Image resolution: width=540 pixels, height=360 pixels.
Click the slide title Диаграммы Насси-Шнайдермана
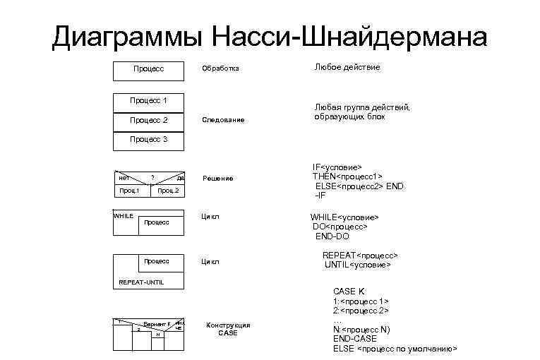tap(270, 37)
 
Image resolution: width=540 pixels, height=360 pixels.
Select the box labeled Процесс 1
tap(148, 100)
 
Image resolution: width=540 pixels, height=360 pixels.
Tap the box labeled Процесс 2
tap(148, 120)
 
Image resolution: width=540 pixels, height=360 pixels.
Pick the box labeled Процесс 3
tap(148, 140)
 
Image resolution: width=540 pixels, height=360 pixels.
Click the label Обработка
tap(220, 69)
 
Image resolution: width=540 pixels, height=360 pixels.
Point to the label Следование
tap(223, 120)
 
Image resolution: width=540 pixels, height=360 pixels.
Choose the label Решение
tap(217, 179)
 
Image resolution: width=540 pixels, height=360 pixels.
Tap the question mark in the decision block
tap(152, 176)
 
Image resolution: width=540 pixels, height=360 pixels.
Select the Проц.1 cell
tap(128, 191)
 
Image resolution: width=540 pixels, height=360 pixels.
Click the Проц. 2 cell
tap(168, 191)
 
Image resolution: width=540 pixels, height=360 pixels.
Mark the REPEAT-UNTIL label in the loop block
tap(141, 282)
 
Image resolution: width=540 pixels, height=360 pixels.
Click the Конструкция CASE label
tap(227, 329)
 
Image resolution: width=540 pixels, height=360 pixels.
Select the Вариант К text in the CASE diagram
tap(157, 323)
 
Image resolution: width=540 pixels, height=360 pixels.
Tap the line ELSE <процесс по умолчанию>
tap(395, 349)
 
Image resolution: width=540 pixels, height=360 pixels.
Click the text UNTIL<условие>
tap(357, 265)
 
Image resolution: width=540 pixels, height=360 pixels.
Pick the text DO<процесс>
tap(340, 227)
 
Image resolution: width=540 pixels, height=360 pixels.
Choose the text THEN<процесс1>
tap(347, 176)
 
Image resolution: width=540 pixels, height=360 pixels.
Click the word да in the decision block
tap(181, 179)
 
